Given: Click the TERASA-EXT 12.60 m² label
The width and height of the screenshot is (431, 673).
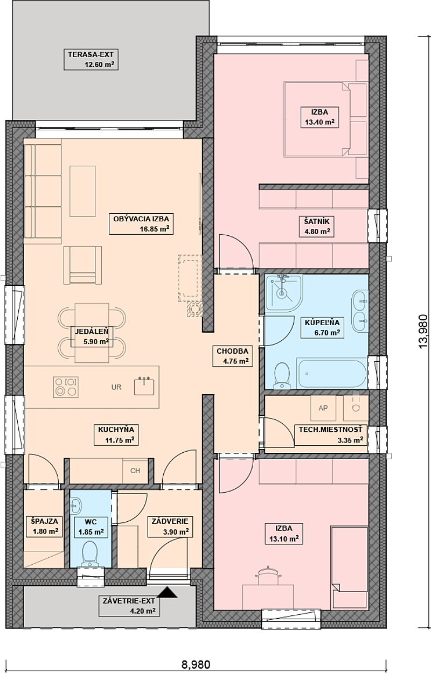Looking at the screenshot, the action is click(x=91, y=60).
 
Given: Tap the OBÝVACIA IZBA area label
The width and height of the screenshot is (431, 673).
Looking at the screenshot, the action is click(x=141, y=224).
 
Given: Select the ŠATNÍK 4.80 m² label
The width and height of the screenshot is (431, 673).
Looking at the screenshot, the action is click(x=317, y=227).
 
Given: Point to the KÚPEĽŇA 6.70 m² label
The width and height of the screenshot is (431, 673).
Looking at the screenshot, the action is click(x=322, y=327).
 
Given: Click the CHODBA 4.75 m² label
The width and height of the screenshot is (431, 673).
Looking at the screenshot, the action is click(x=232, y=356).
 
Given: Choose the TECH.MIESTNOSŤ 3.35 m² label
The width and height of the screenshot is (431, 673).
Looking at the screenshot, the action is click(x=331, y=435).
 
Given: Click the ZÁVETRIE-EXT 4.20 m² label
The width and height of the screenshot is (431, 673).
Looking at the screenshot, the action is click(x=129, y=606).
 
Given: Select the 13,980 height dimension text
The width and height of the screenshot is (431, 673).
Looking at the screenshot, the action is click(x=423, y=332).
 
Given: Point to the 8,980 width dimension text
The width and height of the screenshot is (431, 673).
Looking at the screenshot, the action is click(x=196, y=664).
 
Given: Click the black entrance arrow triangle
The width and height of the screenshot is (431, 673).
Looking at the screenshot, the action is click(x=168, y=592).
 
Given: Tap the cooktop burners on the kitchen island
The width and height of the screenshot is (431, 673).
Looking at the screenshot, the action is click(x=66, y=387).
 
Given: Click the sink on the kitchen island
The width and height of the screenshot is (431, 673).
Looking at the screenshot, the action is click(x=144, y=386).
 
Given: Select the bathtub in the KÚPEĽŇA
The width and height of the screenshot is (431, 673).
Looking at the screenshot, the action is click(x=331, y=373).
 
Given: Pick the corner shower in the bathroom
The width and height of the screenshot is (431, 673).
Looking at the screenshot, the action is click(x=284, y=293).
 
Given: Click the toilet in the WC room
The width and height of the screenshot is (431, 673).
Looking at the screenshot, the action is click(x=90, y=553).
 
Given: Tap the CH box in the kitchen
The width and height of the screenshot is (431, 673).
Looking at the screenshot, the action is click(x=135, y=470).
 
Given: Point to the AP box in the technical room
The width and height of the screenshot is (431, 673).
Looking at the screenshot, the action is click(x=323, y=408).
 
